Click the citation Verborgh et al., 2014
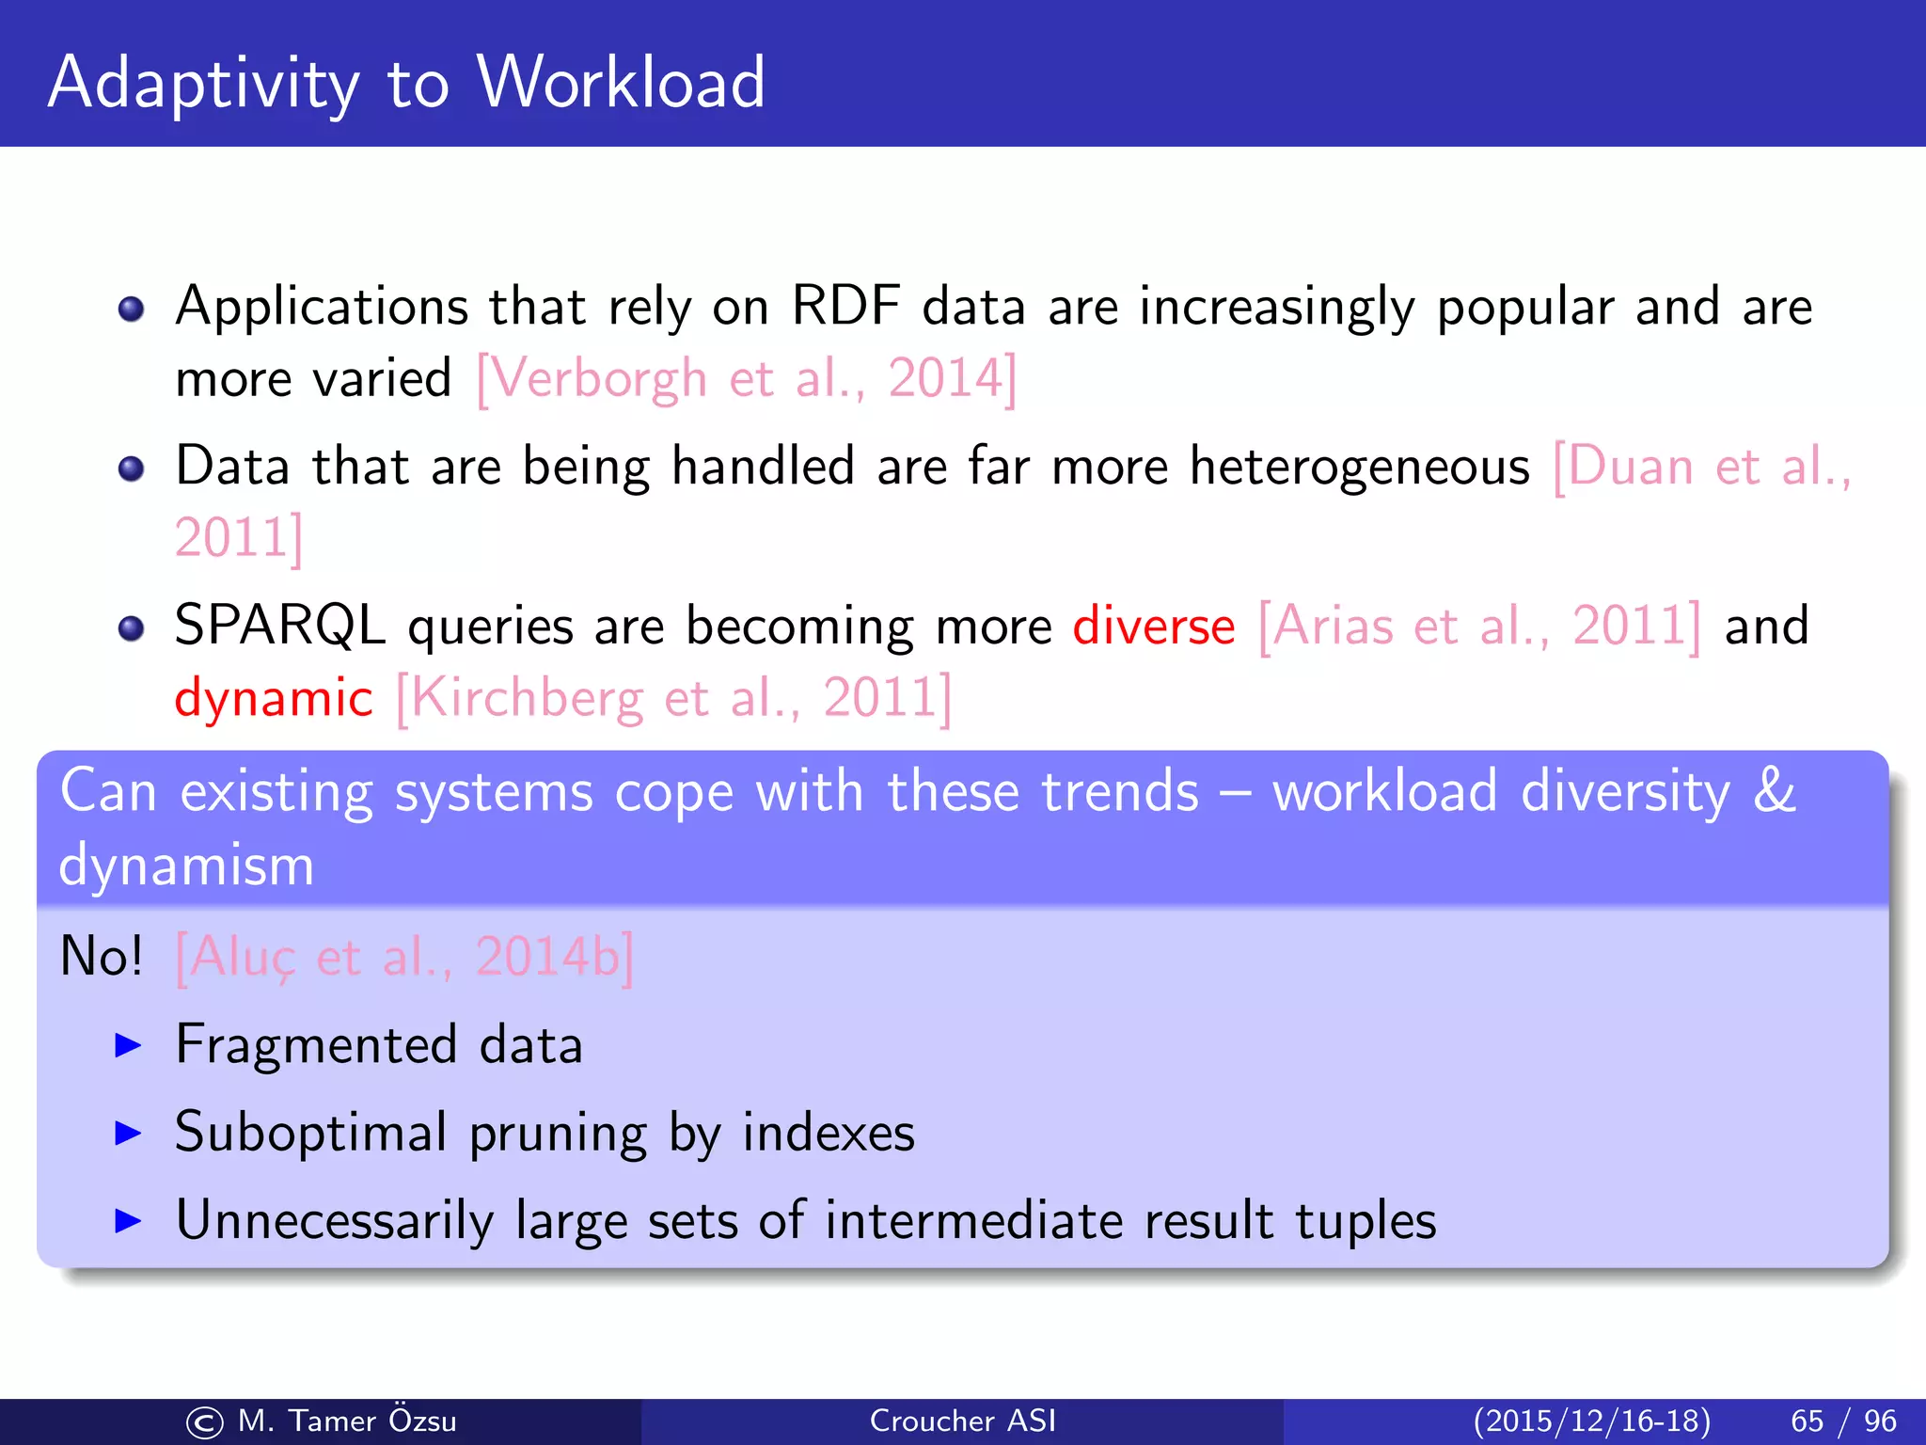coord(747,379)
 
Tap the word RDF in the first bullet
coord(845,307)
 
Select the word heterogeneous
coord(1359,467)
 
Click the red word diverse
coord(1154,627)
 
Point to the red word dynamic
coord(274,699)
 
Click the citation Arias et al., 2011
coord(1479,627)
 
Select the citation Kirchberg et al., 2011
coord(673,699)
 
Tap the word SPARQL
coord(280,627)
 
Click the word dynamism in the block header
coord(186,865)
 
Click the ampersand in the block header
coord(1774,790)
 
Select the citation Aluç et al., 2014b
coord(404,957)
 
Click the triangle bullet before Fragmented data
coord(127,1044)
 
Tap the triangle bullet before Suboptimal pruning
coord(127,1133)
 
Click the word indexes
coord(828,1133)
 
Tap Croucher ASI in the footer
coord(962,1421)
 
